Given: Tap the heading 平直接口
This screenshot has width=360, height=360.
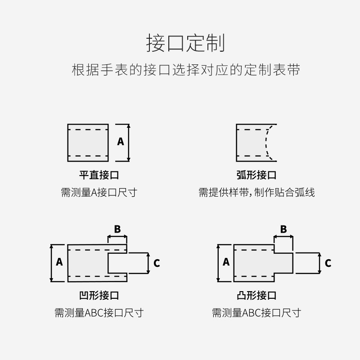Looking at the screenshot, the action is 99,175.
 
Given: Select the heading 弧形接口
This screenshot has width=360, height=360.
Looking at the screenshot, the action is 256,175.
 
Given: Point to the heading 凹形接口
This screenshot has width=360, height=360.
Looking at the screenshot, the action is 99,296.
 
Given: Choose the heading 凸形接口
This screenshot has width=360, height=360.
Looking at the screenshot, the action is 256,296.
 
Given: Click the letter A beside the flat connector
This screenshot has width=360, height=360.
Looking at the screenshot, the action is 121,142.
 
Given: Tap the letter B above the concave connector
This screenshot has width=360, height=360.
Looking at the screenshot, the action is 117,229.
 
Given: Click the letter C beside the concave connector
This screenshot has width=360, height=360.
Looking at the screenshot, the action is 157,263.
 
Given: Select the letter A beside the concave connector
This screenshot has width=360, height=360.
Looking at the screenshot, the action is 59,262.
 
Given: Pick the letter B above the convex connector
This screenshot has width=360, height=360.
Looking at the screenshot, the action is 283,229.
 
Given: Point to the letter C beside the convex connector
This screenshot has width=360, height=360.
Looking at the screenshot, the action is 328,263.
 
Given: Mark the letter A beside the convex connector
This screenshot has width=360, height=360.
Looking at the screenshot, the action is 226,262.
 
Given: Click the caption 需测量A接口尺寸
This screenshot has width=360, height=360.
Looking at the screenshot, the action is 99,193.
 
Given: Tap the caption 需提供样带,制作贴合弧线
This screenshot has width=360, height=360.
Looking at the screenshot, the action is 256,193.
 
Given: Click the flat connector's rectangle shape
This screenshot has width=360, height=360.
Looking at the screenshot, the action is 88,142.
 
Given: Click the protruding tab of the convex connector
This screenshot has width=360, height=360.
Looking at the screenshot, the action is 283,263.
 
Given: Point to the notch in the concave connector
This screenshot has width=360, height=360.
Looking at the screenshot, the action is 117,263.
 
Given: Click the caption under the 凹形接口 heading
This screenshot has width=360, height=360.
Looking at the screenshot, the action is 99,313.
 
